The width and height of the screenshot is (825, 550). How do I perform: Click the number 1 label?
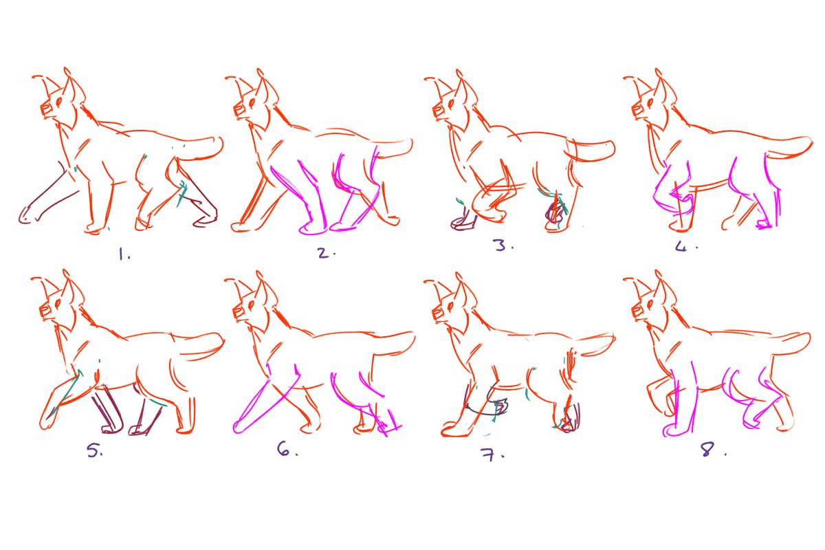coord(124,254)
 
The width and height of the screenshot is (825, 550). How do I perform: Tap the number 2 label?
coord(327,253)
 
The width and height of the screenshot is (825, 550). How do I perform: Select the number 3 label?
coord(503,245)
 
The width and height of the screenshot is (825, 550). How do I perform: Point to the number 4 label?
coord(686,246)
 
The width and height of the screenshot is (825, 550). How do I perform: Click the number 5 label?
coord(95,450)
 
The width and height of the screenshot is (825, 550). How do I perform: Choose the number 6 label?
coord(287,449)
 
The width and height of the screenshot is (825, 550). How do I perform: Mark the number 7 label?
coord(492,455)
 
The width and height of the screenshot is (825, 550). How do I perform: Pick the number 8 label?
coord(713,450)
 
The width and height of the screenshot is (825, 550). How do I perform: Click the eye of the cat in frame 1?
coord(59,101)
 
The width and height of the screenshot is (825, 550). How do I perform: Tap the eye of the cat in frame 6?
coord(251,305)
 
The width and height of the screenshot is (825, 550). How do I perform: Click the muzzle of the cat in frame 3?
coord(439,111)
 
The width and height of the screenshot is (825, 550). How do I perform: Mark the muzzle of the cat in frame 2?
coord(240,111)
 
